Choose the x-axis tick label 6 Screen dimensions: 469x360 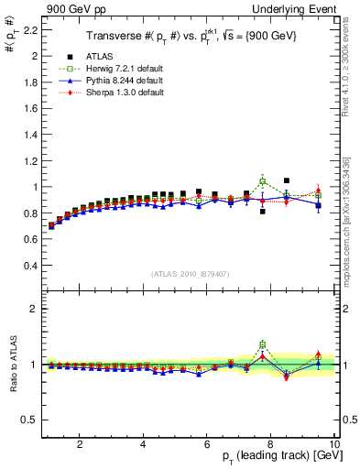pos(207,444)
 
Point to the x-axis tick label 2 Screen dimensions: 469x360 pos(80,444)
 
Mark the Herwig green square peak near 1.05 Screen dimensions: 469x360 pos(263,181)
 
